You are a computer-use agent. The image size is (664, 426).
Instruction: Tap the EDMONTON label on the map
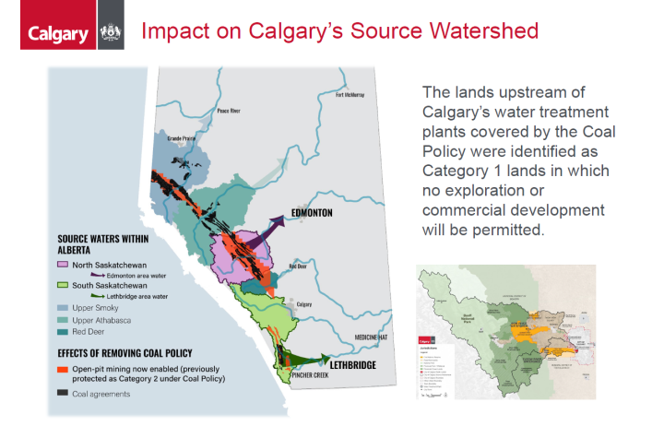coord(309,213)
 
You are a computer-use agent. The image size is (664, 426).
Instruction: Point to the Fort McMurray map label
coord(351,95)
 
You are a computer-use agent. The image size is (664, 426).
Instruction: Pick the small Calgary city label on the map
coord(304,303)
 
